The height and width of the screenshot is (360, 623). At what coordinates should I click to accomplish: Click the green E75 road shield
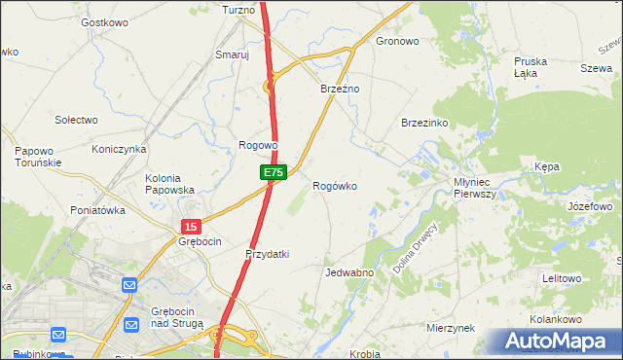tap(273, 172)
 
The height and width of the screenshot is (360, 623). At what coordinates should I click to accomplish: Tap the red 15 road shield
tap(190, 226)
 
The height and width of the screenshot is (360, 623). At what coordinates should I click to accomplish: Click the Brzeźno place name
tap(341, 89)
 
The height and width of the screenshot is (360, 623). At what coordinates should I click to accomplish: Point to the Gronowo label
tap(397, 42)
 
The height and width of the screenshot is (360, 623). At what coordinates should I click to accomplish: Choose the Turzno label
tap(238, 10)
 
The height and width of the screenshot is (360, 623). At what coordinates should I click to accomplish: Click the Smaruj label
tap(233, 55)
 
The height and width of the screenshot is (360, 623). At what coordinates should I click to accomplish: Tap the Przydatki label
tap(267, 254)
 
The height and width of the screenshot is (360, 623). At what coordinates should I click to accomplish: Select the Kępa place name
tap(547, 167)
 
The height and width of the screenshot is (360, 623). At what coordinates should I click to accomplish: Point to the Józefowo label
tap(589, 207)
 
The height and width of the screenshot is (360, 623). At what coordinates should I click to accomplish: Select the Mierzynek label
tap(450, 329)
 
